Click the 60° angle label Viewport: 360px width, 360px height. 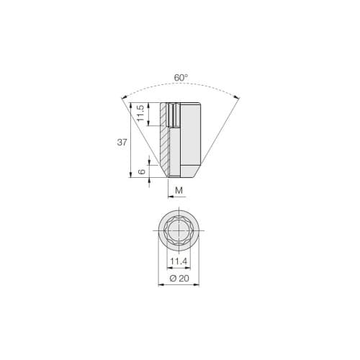[x=180, y=77]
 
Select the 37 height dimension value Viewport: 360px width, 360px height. [x=122, y=142]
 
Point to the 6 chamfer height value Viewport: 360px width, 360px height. [x=143, y=171]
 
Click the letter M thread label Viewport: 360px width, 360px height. [x=179, y=190]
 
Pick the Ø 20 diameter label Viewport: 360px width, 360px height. [x=179, y=278]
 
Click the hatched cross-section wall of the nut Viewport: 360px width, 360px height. [x=164, y=151]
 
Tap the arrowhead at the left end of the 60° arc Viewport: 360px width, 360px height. [x=123, y=96]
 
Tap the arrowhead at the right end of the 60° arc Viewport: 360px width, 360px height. [x=237, y=96]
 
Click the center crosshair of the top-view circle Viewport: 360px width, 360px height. [x=179, y=230]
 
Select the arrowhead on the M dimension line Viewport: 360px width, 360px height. [x=170, y=196]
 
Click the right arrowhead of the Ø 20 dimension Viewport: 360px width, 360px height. [x=199, y=285]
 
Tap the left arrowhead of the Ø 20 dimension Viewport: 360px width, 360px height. [x=160, y=285]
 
